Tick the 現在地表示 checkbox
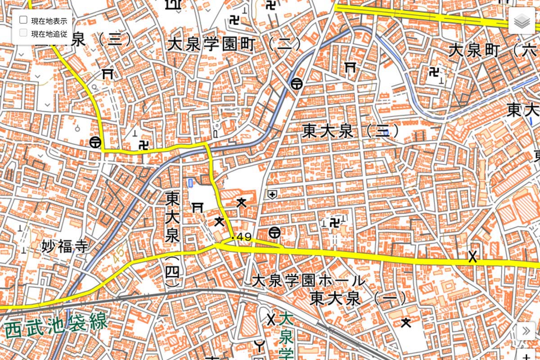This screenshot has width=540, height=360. point(23,20)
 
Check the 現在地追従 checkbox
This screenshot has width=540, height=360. point(23,32)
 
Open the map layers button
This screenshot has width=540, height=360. point(522,20)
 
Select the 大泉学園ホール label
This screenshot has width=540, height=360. point(308,281)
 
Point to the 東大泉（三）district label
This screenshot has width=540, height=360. point(351,131)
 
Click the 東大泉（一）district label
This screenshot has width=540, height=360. point(358,298)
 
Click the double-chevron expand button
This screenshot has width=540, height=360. point(526,331)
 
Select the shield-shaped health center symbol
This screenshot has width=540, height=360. point(272,194)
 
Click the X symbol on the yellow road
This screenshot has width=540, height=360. point(472,257)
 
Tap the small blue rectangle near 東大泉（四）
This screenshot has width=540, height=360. point(190,183)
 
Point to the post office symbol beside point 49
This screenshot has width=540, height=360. point(274,233)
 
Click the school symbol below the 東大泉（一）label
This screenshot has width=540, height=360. point(406,322)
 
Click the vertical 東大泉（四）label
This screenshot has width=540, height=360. point(172,238)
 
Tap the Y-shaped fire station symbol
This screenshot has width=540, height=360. point(259,346)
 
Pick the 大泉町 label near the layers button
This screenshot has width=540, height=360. point(474,50)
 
